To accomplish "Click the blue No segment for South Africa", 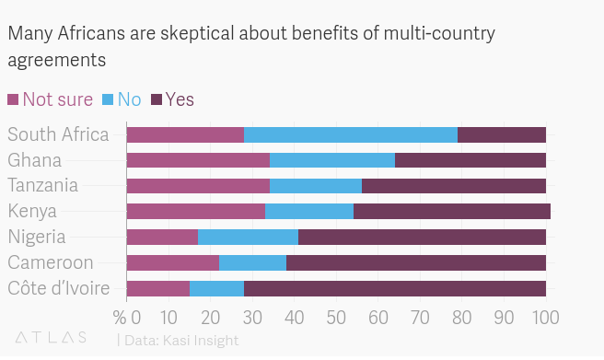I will [351, 134].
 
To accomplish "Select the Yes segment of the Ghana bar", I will [470, 160].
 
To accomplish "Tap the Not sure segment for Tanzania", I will [198, 186].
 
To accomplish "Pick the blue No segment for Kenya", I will [309, 211].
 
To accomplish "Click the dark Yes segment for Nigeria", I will [422, 237].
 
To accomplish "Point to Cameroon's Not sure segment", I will [172, 262].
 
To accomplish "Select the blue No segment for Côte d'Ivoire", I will [216, 288].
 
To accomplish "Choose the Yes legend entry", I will [172, 99].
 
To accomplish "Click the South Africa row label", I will [58, 134].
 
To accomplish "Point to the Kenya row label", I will [32, 211].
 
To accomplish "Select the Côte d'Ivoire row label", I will [59, 288].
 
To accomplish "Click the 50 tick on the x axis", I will [336, 319].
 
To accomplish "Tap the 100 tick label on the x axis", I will [546, 319].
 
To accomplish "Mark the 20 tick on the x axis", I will [210, 319].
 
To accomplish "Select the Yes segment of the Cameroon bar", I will [416, 262].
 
